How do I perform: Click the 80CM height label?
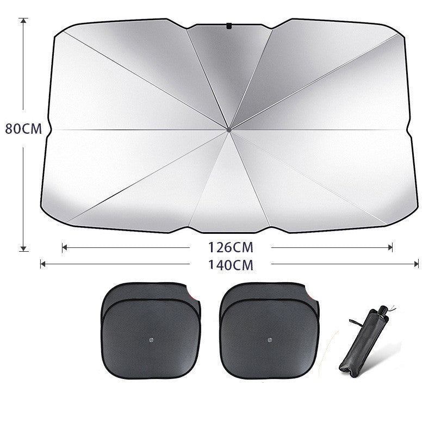[x=23, y=129]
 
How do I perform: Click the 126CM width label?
[x=231, y=247]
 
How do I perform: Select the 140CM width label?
[x=231, y=265]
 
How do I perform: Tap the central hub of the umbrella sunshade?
[x=229, y=129]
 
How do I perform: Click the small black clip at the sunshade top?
[x=229, y=25]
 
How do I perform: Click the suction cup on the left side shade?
[x=151, y=340]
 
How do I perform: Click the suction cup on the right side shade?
[x=270, y=340]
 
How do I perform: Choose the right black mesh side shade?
[x=270, y=332]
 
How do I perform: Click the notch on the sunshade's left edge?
[x=48, y=129]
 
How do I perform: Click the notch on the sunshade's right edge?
[x=409, y=129]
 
